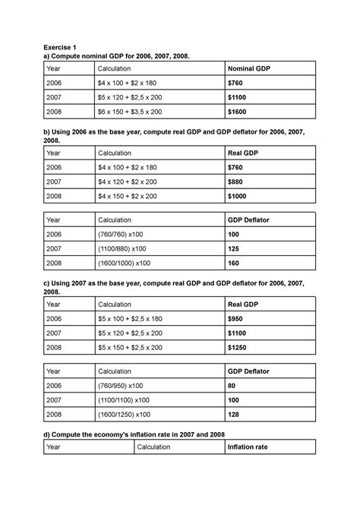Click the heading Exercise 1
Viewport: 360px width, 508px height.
pyautogui.click(x=62, y=46)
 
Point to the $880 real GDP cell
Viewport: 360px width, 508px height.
pyautogui.click(x=237, y=181)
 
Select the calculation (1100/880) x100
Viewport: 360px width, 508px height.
pyautogui.click(x=124, y=248)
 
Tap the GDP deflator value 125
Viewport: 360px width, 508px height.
pyautogui.click(x=235, y=248)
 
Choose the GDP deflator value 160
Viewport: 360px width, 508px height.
pyautogui.click(x=235, y=263)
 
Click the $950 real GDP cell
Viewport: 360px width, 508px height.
pyautogui.click(x=237, y=319)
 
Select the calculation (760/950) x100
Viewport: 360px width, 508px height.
pyautogui.click(x=122, y=386)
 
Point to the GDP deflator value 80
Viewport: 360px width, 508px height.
pyautogui.click(x=232, y=386)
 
